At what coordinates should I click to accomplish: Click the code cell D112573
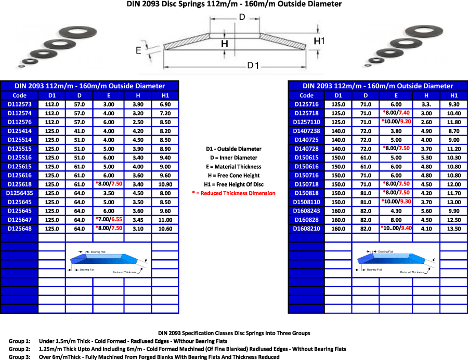(x=19, y=104)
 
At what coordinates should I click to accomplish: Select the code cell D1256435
(x=19, y=193)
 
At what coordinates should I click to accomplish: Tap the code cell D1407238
(x=307, y=131)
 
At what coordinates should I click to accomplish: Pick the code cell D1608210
(x=307, y=228)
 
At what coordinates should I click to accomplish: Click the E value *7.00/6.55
(x=109, y=219)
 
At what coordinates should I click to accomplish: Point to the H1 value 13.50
(x=453, y=228)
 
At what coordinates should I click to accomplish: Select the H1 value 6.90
(x=165, y=104)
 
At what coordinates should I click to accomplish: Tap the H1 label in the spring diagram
(x=319, y=41)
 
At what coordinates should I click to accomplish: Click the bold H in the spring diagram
(x=225, y=44)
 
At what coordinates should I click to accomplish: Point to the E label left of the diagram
(x=138, y=50)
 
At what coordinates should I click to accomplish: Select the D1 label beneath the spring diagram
(x=253, y=65)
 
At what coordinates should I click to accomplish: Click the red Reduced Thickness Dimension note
(x=233, y=193)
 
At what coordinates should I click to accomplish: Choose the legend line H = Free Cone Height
(x=233, y=176)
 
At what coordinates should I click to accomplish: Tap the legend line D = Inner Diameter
(x=233, y=158)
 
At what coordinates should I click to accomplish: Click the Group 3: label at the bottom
(x=19, y=357)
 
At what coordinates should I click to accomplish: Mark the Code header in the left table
(x=19, y=95)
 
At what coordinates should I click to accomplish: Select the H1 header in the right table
(x=453, y=95)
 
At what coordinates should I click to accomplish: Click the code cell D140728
(x=307, y=149)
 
